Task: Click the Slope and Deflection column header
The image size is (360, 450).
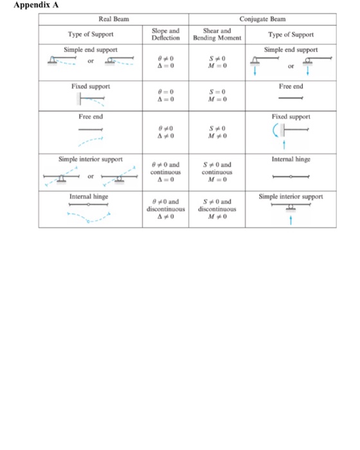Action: pyautogui.click(x=166, y=33)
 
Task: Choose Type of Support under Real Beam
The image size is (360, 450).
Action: pyautogui.click(x=91, y=33)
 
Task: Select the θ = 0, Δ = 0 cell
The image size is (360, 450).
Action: pyautogui.click(x=166, y=96)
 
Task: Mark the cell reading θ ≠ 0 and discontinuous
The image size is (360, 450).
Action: pyautogui.click(x=166, y=210)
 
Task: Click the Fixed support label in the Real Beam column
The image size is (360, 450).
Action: pyautogui.click(x=91, y=85)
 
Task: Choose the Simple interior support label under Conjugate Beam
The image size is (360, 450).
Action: pyautogui.click(x=291, y=195)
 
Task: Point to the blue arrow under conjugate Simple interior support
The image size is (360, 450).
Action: pyautogui.click(x=291, y=221)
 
